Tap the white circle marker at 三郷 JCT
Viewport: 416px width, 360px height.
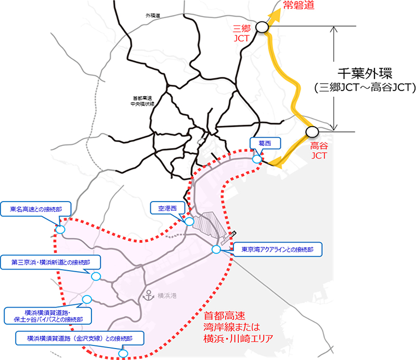tap(262, 26)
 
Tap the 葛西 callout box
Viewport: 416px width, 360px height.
tap(261, 142)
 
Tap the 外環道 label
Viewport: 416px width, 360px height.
tap(153, 16)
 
